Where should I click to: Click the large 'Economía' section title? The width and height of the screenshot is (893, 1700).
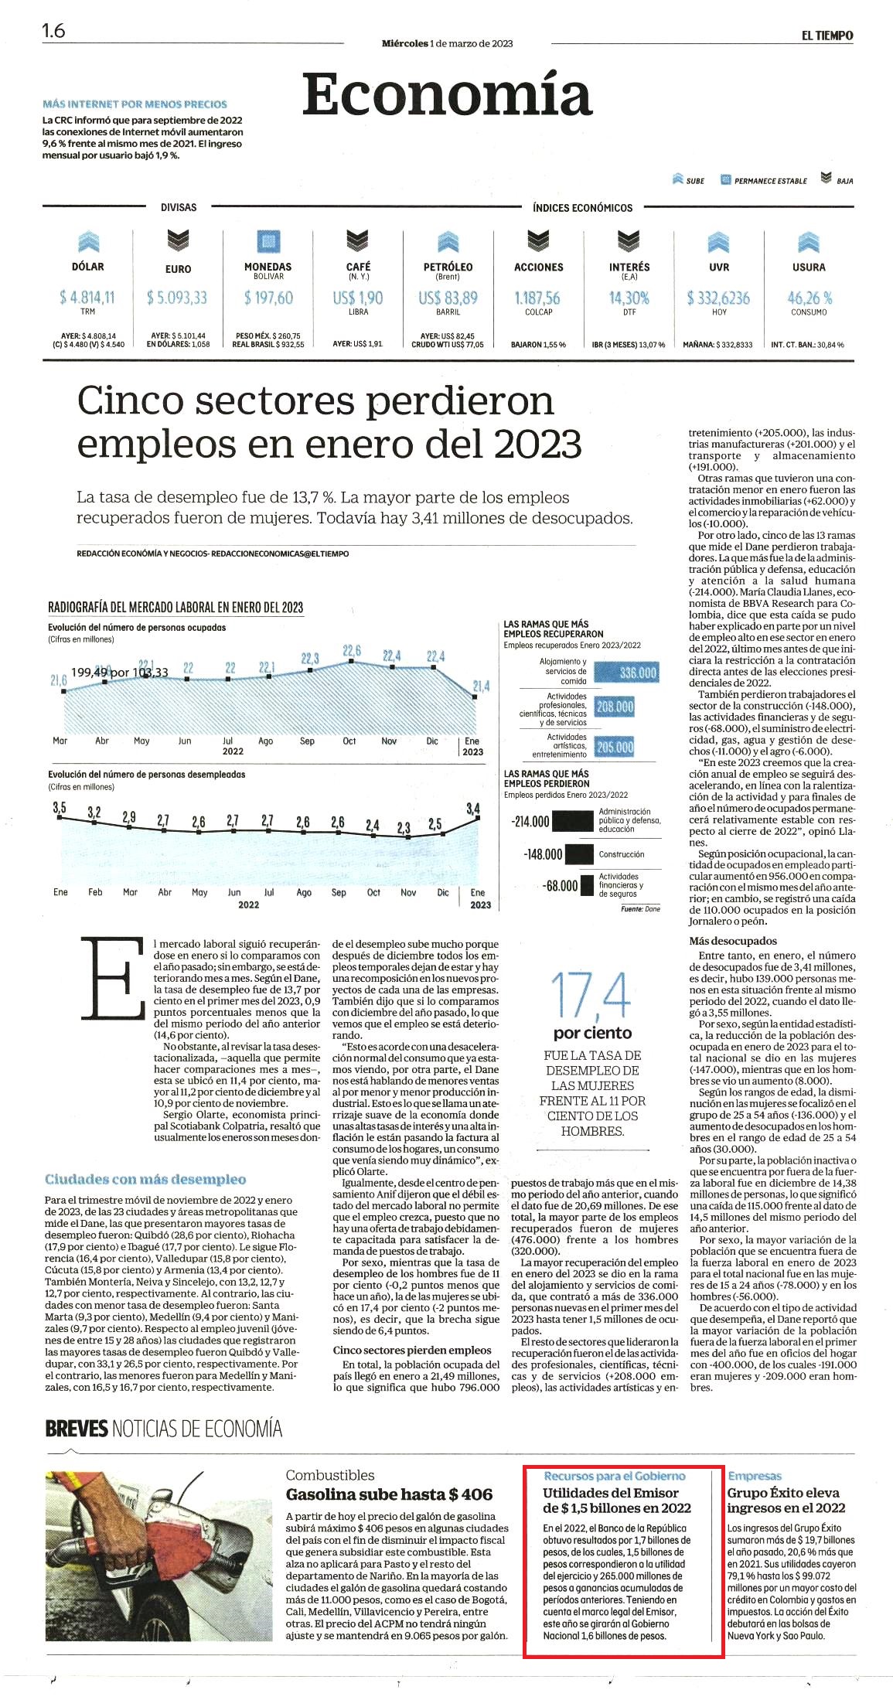(447, 94)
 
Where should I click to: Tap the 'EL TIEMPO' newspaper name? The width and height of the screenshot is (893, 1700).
(827, 36)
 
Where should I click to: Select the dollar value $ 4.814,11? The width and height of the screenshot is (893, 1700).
(87, 298)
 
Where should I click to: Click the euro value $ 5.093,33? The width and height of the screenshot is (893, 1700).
(177, 298)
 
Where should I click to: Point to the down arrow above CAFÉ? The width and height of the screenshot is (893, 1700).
(357, 241)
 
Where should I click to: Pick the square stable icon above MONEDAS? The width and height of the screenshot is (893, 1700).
(268, 241)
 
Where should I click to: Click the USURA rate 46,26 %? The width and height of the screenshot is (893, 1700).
(809, 298)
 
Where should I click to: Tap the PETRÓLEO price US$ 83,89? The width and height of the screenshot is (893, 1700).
(448, 298)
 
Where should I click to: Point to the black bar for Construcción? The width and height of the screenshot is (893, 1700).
(579, 854)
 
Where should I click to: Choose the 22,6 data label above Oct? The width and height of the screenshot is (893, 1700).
(352, 651)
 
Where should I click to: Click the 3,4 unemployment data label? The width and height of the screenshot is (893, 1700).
(473, 809)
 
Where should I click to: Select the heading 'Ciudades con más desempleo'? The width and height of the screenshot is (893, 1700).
(145, 1179)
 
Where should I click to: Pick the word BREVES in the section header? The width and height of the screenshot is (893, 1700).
(77, 1428)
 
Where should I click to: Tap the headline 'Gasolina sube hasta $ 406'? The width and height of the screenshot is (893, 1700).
(389, 1494)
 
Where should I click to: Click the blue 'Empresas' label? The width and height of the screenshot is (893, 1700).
(755, 1476)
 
